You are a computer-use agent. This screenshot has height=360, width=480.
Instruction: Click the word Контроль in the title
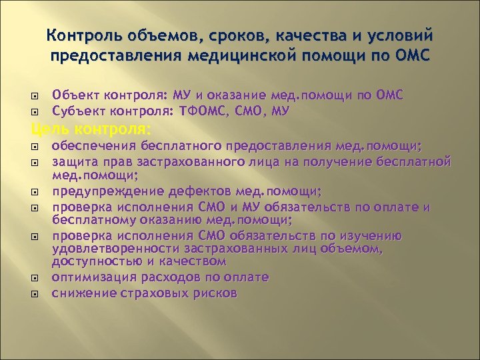coord(79,34)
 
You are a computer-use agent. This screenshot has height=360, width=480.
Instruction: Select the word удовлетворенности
coord(105,249)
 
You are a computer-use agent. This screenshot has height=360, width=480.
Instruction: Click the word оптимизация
coord(91,277)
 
